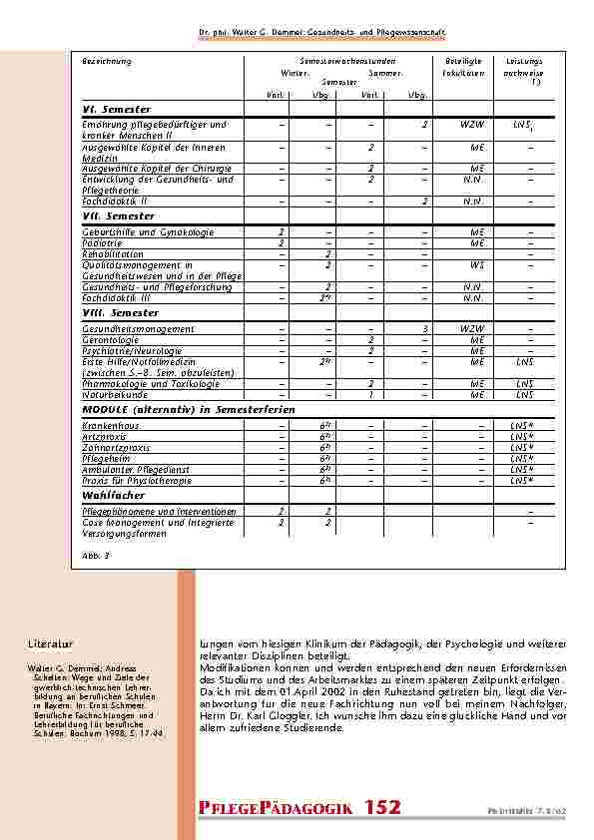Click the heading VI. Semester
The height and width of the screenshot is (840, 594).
pyautogui.click(x=116, y=108)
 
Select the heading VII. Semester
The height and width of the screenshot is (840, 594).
pyautogui.click(x=118, y=216)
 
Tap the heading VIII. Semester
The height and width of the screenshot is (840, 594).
pyautogui.click(x=120, y=313)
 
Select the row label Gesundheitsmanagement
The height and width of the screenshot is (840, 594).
pyautogui.click(x=138, y=328)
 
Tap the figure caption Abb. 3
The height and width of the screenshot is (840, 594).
pyautogui.click(x=95, y=553)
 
